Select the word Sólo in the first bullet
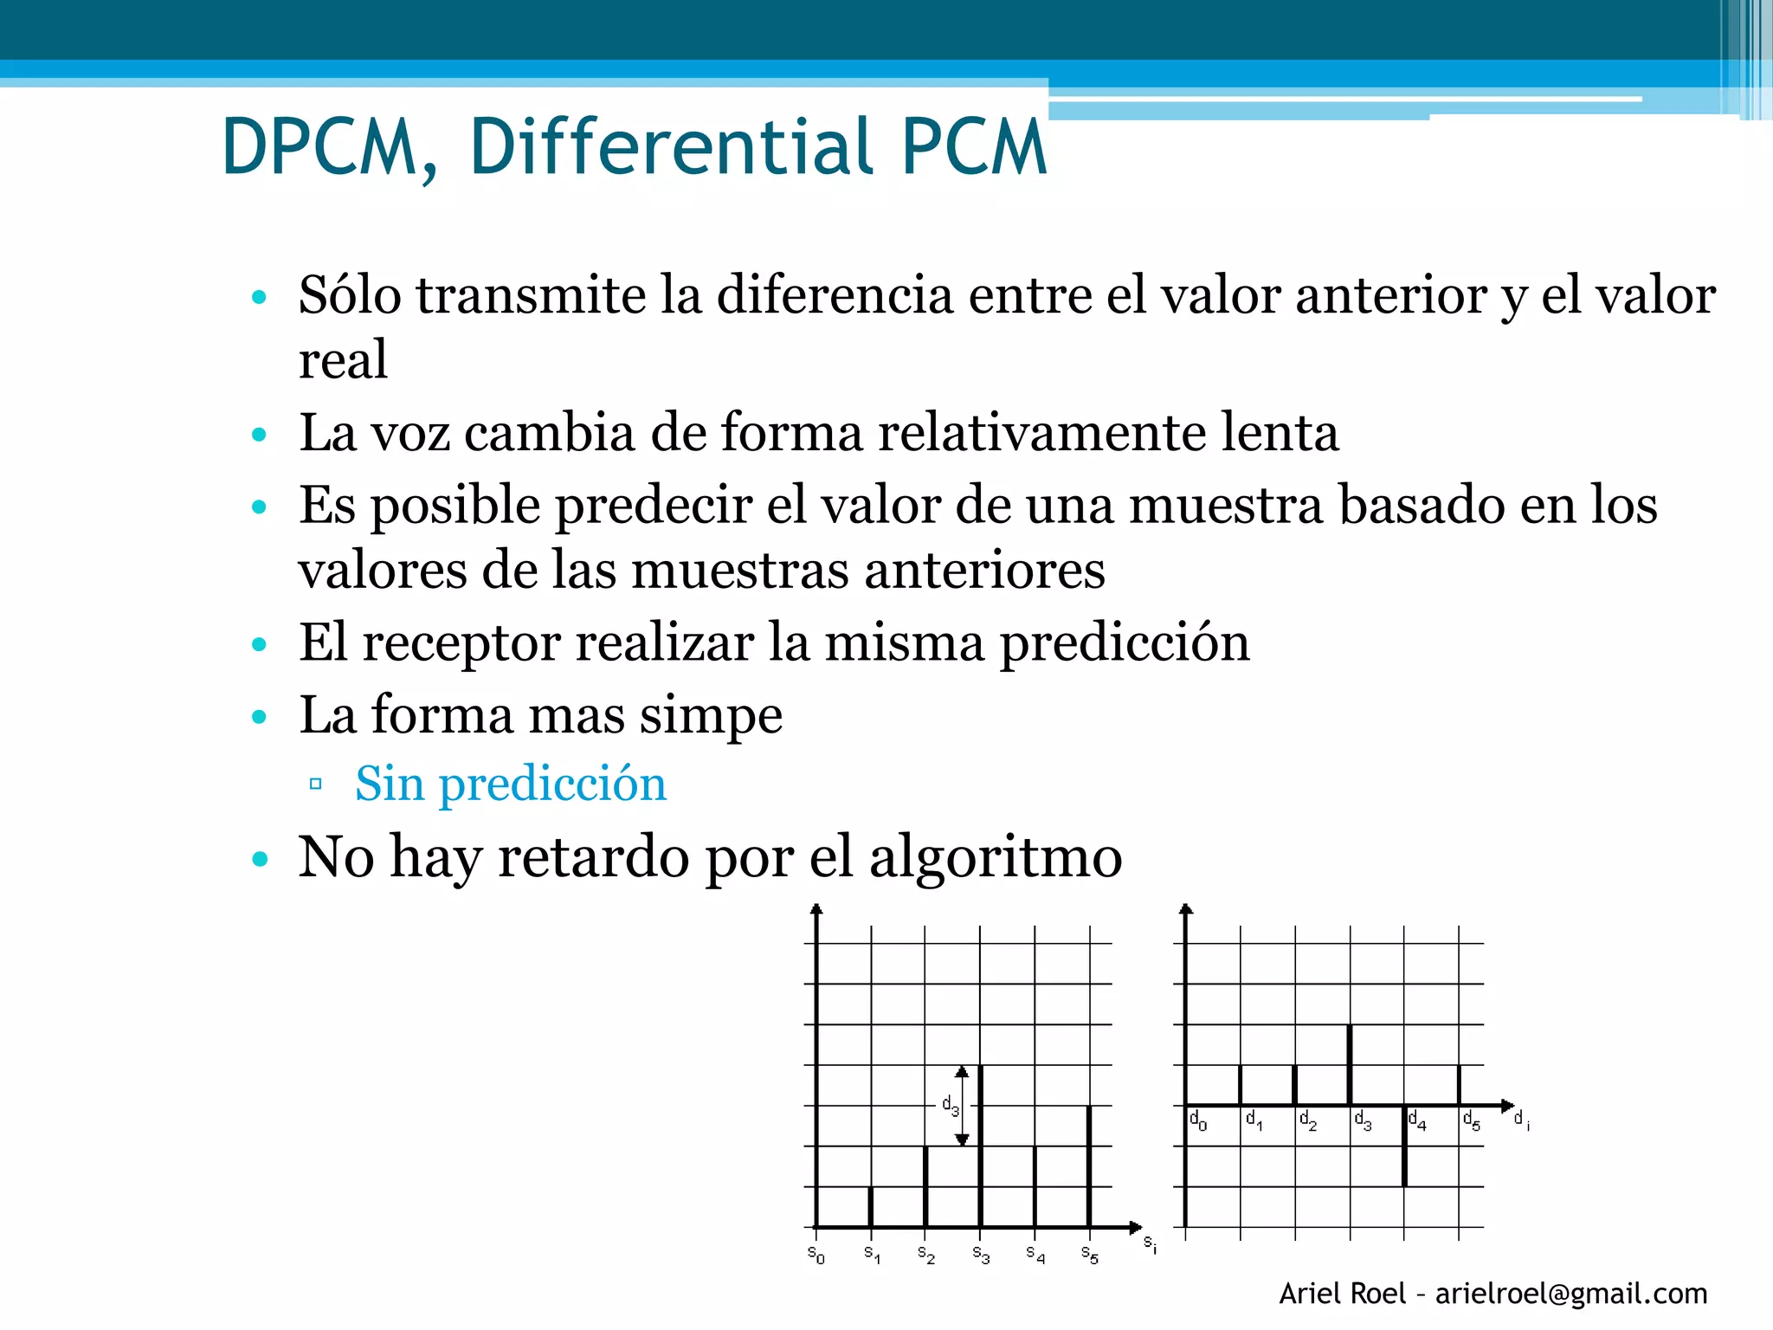pyautogui.click(x=350, y=295)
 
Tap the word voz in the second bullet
pyautogui.click(x=410, y=433)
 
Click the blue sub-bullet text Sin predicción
pyautogui.click(x=511, y=784)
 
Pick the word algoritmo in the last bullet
pyautogui.click(x=996, y=858)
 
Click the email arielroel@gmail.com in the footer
pyautogui.click(x=1571, y=1294)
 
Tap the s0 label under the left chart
pyautogui.click(x=816, y=1254)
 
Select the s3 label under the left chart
pyautogui.click(x=980, y=1254)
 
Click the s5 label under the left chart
pyautogui.click(x=1089, y=1254)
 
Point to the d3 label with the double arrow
pyautogui.click(x=951, y=1106)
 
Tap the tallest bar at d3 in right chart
pyautogui.click(x=1350, y=1065)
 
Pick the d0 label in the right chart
pyautogui.click(x=1197, y=1120)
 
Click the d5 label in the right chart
pyautogui.click(x=1471, y=1121)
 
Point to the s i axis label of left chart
pyautogui.click(x=1150, y=1244)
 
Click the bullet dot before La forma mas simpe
pyautogui.click(x=259, y=717)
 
